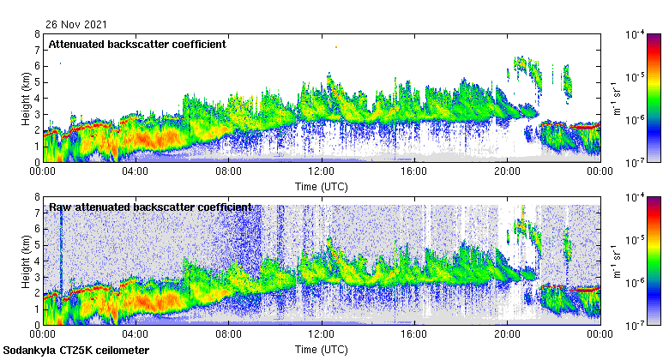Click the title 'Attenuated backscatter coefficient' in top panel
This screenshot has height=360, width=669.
[137, 45]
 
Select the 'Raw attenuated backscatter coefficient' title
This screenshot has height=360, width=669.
[150, 207]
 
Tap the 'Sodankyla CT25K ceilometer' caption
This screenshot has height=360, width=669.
[76, 351]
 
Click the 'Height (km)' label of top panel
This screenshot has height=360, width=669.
[24, 98]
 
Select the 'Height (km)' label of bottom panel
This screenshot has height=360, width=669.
[24, 261]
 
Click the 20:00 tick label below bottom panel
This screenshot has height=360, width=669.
[507, 335]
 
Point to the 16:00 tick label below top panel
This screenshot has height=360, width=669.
[414, 171]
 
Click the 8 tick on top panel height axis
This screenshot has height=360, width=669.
[37, 34]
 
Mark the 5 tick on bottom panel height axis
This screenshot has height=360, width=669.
[37, 245]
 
